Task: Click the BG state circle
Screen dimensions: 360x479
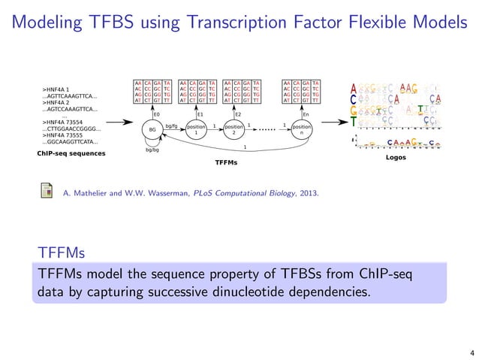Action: pos(154,129)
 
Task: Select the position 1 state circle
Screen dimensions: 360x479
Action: pos(195,129)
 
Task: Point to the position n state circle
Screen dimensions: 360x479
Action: pos(301,129)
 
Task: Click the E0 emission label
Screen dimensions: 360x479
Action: pos(156,114)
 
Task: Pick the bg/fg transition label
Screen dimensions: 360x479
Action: pos(172,126)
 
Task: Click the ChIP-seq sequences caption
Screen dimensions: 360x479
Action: pos(71,153)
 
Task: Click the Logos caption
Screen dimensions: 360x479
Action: pos(395,158)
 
